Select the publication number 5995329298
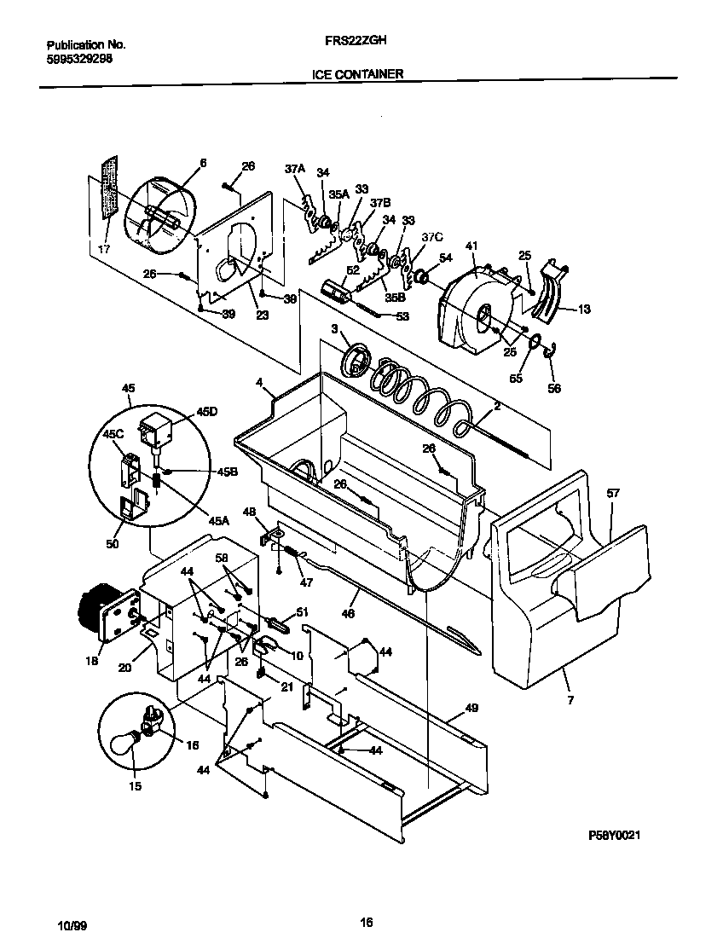pyautogui.click(x=78, y=59)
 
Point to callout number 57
pyautogui.click(x=612, y=494)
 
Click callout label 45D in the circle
pyautogui.click(x=206, y=412)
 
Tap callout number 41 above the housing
pyautogui.click(x=471, y=246)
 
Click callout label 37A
pyautogui.click(x=294, y=169)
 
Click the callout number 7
pyautogui.click(x=570, y=701)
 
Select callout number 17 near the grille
pyautogui.click(x=104, y=250)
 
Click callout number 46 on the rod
pyautogui.click(x=348, y=612)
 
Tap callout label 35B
pyautogui.click(x=395, y=298)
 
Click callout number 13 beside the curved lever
pyautogui.click(x=583, y=310)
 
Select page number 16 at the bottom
pyautogui.click(x=367, y=922)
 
